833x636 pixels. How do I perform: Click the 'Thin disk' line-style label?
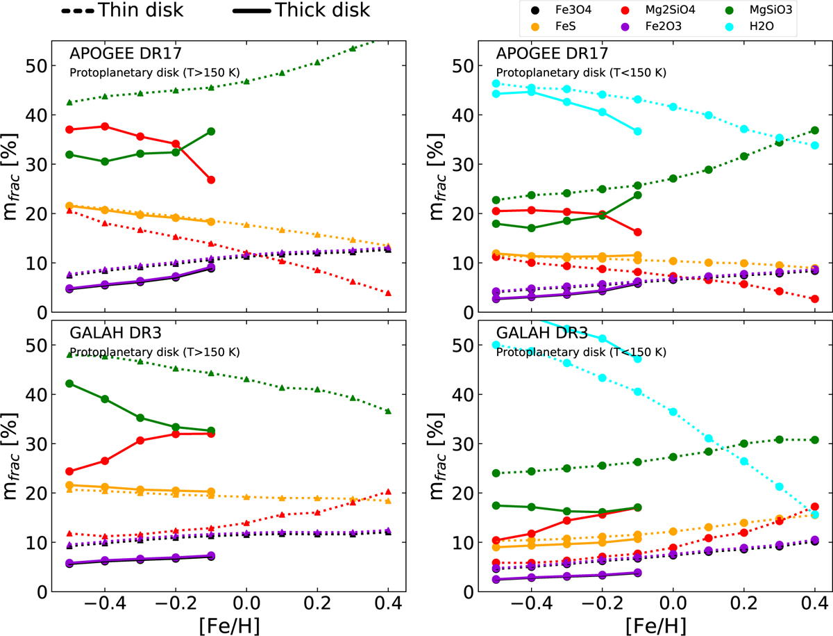[x=133, y=10]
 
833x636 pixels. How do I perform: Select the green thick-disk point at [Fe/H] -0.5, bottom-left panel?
[x=69, y=384]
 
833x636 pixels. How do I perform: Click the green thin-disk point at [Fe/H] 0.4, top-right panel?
[x=815, y=131]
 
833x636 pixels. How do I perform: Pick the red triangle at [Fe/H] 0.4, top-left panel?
[x=388, y=293]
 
